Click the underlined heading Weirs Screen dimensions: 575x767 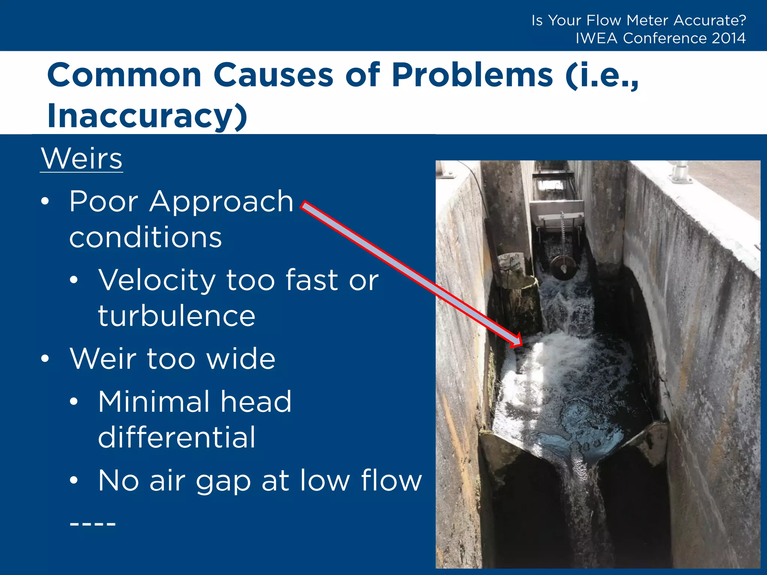point(81,159)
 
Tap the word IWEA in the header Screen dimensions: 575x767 point(596,38)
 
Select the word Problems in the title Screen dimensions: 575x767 point(472,75)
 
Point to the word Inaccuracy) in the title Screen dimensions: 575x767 point(147,116)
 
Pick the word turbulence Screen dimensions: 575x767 point(176,316)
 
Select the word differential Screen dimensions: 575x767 point(176,437)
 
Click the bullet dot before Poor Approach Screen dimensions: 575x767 point(45,202)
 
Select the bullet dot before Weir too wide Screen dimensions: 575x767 point(45,359)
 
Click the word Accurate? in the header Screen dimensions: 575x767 point(710,20)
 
